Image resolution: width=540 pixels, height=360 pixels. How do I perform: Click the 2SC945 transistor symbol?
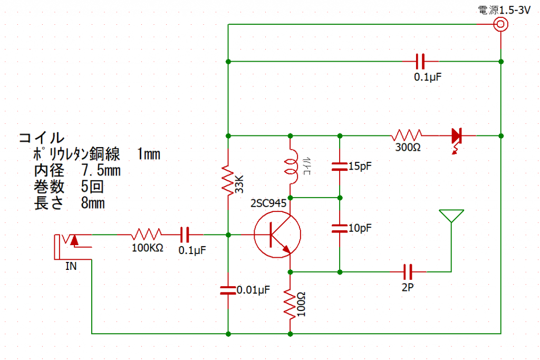click(277, 235)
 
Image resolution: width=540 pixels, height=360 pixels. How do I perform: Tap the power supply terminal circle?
click(500, 24)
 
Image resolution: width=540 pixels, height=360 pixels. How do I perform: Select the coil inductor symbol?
click(291, 167)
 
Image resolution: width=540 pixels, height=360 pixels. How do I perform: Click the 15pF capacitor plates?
click(340, 167)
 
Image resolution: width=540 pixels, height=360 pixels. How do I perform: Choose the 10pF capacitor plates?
click(340, 229)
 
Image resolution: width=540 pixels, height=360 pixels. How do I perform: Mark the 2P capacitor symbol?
click(408, 272)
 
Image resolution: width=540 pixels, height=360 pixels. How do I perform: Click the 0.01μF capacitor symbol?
click(228, 290)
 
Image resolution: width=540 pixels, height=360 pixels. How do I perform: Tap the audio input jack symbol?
click(73, 247)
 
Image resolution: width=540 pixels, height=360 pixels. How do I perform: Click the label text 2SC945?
click(268, 203)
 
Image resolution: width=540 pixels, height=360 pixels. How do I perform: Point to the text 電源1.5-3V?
click(504, 11)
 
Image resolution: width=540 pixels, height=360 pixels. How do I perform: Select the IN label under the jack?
click(71, 266)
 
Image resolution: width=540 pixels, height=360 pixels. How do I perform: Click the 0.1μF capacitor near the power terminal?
click(420, 62)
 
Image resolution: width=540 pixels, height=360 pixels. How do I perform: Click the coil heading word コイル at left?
click(41, 138)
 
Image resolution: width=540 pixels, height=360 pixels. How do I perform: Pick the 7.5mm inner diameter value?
click(101, 170)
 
